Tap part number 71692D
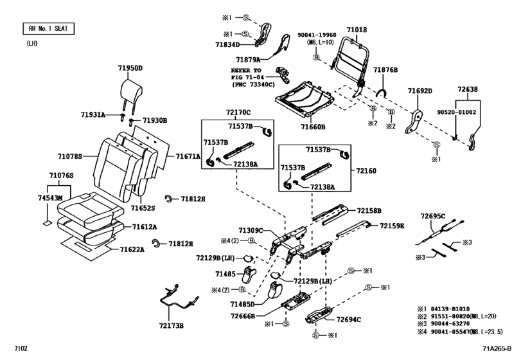[x=421, y=91]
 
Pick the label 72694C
[x=349, y=319]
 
